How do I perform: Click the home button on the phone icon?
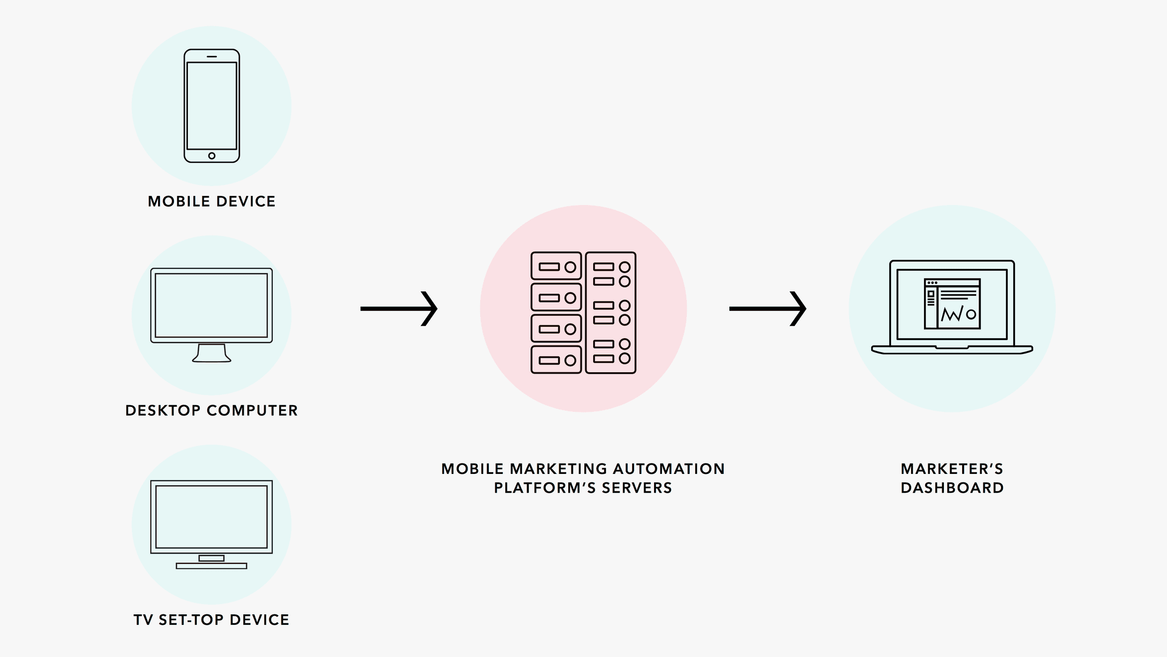click(x=212, y=156)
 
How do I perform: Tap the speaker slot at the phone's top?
click(x=212, y=57)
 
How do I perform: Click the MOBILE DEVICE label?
click(x=212, y=201)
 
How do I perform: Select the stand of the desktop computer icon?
click(x=212, y=353)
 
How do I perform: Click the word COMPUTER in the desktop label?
click(x=252, y=411)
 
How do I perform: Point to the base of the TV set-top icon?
click(x=212, y=566)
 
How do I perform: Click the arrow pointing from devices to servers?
click(x=399, y=309)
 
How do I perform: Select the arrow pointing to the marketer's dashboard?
click(x=768, y=309)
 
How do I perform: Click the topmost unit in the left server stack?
click(x=556, y=266)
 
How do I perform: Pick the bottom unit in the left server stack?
click(x=556, y=360)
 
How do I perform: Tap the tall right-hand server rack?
click(x=611, y=313)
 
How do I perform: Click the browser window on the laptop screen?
click(x=952, y=304)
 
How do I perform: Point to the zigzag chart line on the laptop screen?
click(x=951, y=315)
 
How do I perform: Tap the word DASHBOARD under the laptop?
click(x=952, y=488)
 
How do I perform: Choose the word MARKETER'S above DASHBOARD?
click(x=952, y=469)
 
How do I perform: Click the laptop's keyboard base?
click(x=952, y=350)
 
